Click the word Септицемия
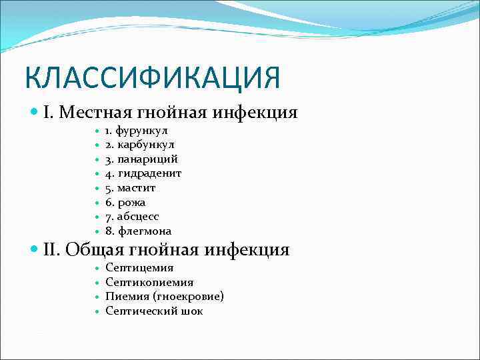click(139, 267)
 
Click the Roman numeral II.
click(51, 250)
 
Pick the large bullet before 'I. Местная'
click(35, 112)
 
